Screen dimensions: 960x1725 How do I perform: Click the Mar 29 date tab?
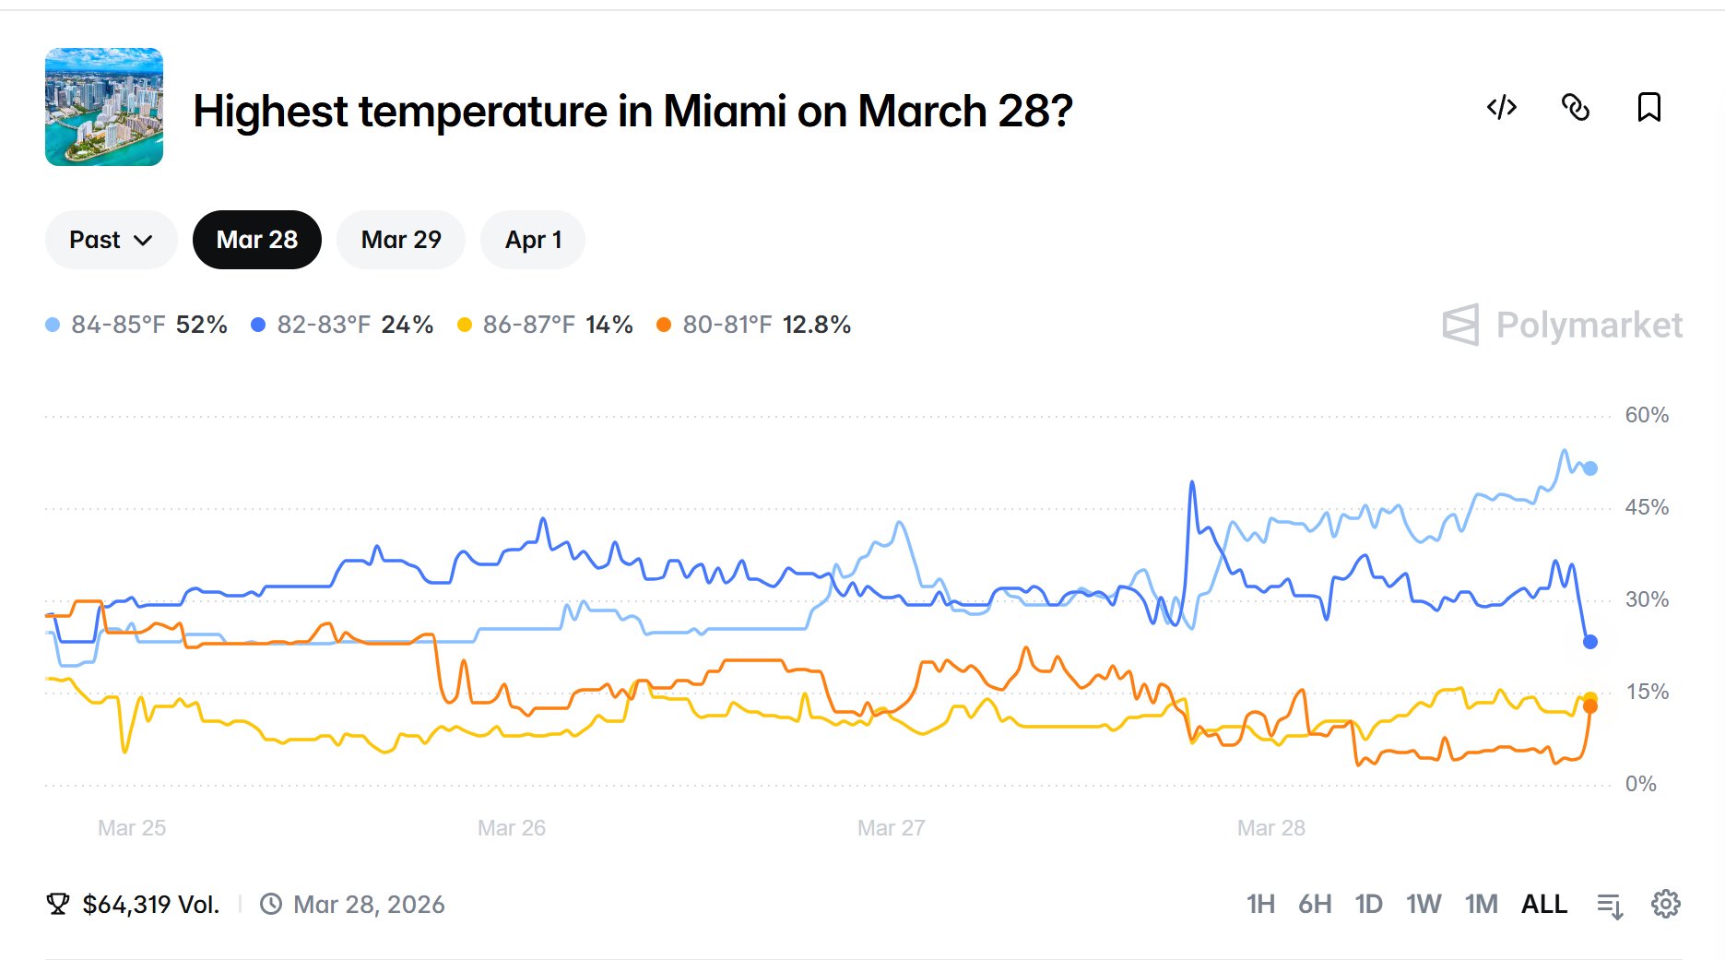tap(401, 240)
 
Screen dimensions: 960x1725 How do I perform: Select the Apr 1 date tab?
tap(533, 240)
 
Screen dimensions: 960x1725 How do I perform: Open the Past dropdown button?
tap(111, 240)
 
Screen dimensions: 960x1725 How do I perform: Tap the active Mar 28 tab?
tap(256, 240)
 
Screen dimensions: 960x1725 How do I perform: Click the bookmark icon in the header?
tap(1648, 108)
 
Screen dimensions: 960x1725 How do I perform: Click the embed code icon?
tap(1502, 108)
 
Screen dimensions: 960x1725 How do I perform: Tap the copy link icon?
tap(1576, 108)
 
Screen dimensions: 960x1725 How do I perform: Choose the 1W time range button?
tap(1424, 904)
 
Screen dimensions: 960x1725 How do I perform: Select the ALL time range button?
tap(1544, 904)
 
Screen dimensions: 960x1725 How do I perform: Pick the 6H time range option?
tap(1315, 904)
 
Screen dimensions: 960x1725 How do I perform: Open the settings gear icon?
tap(1666, 904)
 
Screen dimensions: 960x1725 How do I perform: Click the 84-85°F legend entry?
tap(136, 325)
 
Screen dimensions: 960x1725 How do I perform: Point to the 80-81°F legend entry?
tap(753, 325)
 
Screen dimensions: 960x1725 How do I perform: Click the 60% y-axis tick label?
tap(1647, 415)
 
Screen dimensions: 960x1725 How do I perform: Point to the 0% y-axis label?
tap(1640, 784)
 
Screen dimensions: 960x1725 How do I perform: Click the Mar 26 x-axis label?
tap(512, 828)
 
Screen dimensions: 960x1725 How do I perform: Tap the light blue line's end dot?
tap(1590, 468)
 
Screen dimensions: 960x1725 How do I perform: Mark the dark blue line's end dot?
tap(1590, 642)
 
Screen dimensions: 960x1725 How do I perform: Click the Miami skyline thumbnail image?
tap(104, 107)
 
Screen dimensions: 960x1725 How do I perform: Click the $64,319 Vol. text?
tap(151, 905)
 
